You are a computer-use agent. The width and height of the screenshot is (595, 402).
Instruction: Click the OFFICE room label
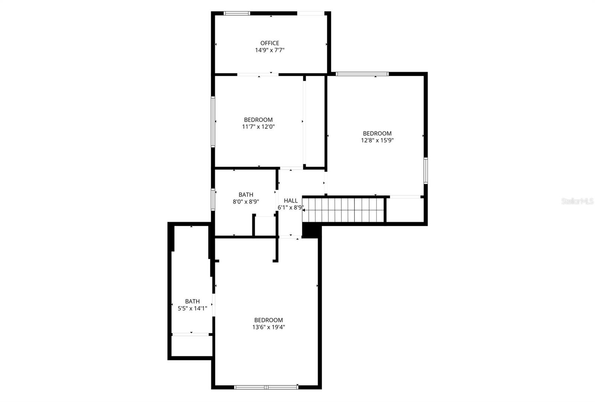point(270,43)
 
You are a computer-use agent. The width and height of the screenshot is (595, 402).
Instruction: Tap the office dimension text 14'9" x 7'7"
point(270,50)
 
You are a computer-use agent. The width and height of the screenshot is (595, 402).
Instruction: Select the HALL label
point(290,201)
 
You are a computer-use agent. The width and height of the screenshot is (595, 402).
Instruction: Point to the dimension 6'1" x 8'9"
point(290,208)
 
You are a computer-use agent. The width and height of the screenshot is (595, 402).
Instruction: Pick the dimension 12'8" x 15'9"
point(377,141)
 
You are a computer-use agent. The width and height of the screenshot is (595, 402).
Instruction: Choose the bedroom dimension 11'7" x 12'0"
point(258,127)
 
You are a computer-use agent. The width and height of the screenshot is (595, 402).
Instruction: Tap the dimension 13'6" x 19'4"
point(268,327)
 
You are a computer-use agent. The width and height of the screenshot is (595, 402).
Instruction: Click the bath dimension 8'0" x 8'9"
point(246,202)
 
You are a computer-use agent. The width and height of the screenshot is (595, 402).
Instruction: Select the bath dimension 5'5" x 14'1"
point(192,308)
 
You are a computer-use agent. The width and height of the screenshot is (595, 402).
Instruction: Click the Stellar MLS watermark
point(577,201)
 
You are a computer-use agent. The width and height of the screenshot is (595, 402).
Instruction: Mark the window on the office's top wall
point(237,13)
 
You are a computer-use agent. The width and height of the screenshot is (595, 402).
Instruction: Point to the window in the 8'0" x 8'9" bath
point(213,200)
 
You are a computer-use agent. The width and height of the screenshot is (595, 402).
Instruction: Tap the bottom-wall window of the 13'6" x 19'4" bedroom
point(266,387)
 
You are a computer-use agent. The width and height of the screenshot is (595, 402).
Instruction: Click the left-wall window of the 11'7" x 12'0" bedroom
point(213,122)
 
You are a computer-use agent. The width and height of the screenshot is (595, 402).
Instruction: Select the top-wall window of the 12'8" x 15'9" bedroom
point(362,74)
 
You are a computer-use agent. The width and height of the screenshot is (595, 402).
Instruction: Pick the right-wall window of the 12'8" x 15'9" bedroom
point(426,171)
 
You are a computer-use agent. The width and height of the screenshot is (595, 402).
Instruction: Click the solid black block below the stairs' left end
point(312,230)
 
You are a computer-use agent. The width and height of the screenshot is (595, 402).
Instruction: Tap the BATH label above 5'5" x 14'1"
point(192,301)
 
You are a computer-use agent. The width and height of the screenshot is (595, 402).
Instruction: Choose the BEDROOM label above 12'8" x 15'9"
point(377,134)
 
